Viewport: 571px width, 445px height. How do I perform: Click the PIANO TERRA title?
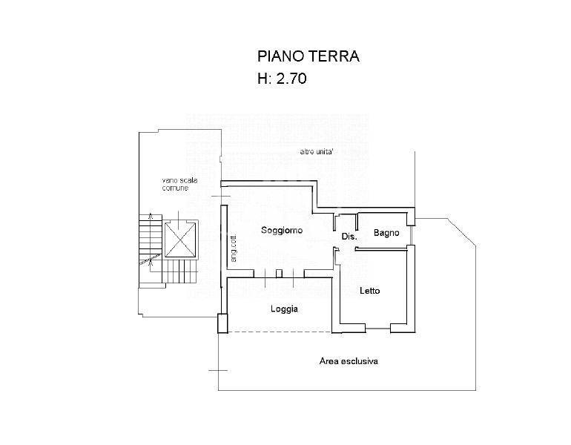pyautogui.click(x=308, y=56)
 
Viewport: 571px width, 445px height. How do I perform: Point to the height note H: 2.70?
pyautogui.click(x=283, y=79)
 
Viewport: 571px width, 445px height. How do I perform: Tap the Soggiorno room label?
pyautogui.click(x=282, y=230)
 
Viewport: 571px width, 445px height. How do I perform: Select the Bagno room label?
pyautogui.click(x=386, y=233)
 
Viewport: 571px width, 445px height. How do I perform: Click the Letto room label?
pyautogui.click(x=369, y=291)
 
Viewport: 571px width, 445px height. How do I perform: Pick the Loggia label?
pyautogui.click(x=285, y=309)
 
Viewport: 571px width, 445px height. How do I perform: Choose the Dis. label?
pyautogui.click(x=349, y=237)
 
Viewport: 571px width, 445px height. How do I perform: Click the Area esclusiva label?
pyautogui.click(x=349, y=361)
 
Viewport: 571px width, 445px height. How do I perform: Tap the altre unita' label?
pyautogui.click(x=316, y=152)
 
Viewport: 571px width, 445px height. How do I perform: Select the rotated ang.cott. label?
pyautogui.click(x=234, y=247)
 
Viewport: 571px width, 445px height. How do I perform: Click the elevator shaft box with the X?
pyautogui.click(x=180, y=240)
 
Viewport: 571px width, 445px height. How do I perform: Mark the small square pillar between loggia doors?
pyautogui.click(x=279, y=274)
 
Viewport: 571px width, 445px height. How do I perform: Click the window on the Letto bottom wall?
pyautogui.click(x=377, y=329)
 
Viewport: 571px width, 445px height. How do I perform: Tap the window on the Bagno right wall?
pyautogui.click(x=411, y=235)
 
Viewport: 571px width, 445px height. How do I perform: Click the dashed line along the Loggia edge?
pyautogui.click(x=280, y=332)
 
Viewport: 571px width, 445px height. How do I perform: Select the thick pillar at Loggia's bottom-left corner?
pyautogui.click(x=222, y=323)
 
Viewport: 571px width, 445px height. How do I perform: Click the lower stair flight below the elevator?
pyautogui.click(x=179, y=272)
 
